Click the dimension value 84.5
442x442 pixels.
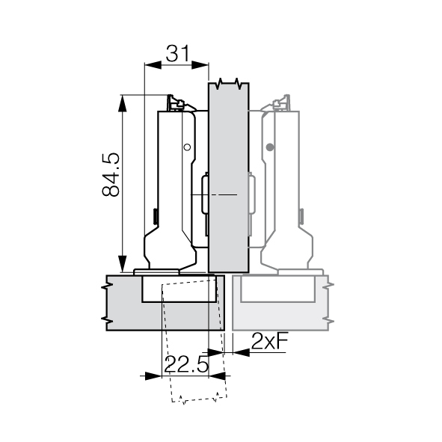111,174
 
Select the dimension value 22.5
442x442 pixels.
186,364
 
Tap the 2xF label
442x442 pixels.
270,341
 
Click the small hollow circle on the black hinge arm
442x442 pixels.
187,147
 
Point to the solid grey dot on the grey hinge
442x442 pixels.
270,147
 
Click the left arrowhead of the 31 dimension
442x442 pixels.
153,65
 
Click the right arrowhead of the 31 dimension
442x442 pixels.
200,65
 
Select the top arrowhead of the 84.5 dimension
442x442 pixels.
122,103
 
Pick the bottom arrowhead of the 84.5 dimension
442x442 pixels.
122,264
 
